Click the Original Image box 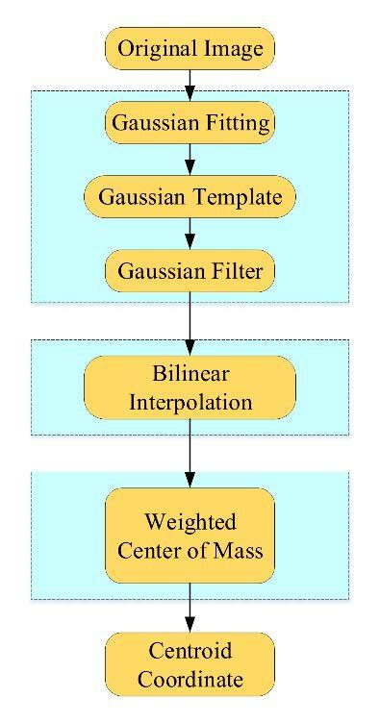click(x=190, y=48)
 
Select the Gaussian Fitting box click(x=190, y=122)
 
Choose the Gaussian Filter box click(x=190, y=270)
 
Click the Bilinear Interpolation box click(x=190, y=387)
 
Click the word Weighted click(x=190, y=523)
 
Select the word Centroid click(x=190, y=653)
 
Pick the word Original click(x=154, y=49)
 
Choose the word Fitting click(x=236, y=123)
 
